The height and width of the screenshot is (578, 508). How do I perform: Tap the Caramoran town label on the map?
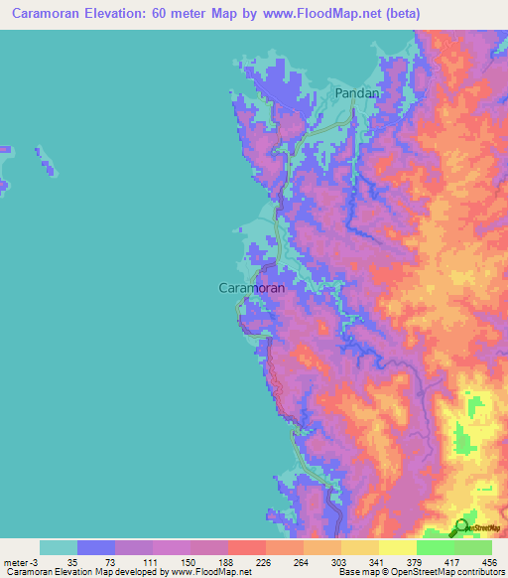251,288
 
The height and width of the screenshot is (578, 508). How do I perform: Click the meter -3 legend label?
22,562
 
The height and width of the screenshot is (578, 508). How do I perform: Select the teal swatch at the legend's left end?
59,547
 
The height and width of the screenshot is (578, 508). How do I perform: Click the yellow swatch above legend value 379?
396,547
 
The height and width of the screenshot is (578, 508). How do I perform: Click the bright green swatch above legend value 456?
472,547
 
